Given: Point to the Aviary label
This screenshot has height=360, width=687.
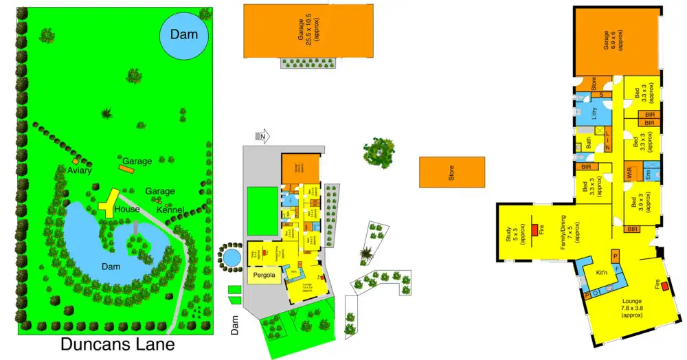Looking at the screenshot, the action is tap(80, 170).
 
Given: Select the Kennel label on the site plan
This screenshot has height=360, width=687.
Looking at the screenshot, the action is tap(170, 209).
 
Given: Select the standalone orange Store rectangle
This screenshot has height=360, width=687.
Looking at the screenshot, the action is tap(451, 172).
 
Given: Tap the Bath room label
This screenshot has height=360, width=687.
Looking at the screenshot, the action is tap(589, 144).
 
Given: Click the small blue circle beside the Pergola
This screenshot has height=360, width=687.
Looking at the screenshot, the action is tap(232, 258).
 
